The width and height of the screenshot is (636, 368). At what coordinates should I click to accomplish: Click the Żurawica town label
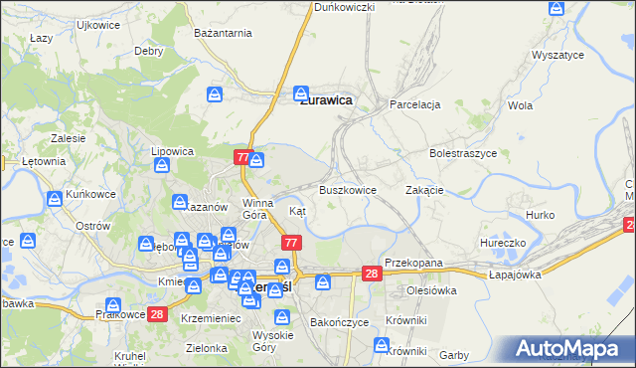click(324, 99)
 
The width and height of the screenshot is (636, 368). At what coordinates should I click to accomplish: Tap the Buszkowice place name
click(347, 189)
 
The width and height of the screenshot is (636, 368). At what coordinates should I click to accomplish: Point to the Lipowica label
click(172, 151)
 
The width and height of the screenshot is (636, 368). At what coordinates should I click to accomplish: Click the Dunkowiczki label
click(344, 7)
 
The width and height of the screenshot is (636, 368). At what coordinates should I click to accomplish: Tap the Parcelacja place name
click(415, 103)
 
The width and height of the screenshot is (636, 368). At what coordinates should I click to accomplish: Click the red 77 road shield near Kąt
click(291, 243)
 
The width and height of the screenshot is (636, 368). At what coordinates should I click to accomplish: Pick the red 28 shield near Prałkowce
click(156, 315)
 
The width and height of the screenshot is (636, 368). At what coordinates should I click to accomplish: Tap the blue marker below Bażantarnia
click(215, 94)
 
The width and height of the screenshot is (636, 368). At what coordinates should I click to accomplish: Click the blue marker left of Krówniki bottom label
click(382, 345)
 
